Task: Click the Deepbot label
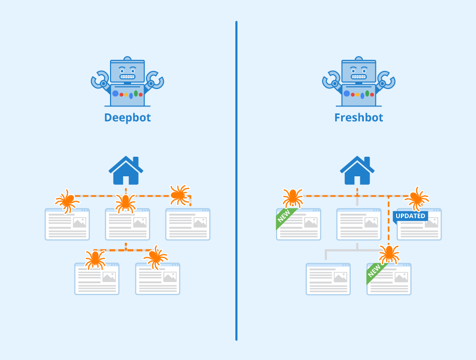click(127, 118)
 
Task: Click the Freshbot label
click(358, 118)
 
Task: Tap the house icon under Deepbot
click(126, 170)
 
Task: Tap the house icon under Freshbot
click(357, 170)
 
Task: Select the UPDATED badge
click(410, 216)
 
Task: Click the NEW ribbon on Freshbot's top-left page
click(284, 218)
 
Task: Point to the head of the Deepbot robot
click(127, 71)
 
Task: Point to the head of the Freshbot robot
click(358, 71)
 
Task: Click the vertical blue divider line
click(236, 180)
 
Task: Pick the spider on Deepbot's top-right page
click(179, 195)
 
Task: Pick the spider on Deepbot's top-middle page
click(126, 202)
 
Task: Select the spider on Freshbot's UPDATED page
click(417, 199)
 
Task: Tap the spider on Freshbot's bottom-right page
click(389, 254)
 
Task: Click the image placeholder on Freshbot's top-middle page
click(371, 222)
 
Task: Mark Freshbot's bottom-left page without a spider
click(328, 279)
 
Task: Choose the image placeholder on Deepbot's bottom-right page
click(169, 277)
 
